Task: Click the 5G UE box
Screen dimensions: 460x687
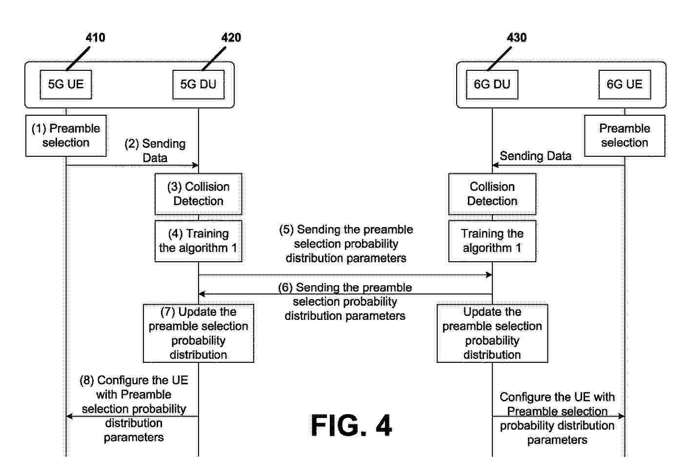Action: (65, 84)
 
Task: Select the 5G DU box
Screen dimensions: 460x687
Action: (198, 84)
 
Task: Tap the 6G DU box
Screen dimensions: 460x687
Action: (492, 84)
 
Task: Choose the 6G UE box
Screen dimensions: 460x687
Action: (625, 84)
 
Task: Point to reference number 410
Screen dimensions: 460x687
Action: (95, 38)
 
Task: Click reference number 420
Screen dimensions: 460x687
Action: (231, 38)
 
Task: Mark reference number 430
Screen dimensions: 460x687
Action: (517, 38)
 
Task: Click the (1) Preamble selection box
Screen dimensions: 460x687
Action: (66, 136)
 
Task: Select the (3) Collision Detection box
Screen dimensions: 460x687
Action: (198, 194)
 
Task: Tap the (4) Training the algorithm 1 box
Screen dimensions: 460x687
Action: (198, 241)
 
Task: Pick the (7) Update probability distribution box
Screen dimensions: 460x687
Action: (198, 333)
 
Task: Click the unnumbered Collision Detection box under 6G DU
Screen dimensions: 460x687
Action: (492, 194)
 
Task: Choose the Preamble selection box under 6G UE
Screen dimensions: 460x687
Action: (625, 136)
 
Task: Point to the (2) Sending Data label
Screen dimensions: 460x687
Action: (155, 150)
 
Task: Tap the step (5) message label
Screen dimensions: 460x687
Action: (346, 244)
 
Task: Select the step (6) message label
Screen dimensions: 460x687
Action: (345, 302)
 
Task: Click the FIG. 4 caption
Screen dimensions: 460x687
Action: (351, 426)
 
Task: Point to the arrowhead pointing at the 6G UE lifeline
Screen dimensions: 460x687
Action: (621, 416)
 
